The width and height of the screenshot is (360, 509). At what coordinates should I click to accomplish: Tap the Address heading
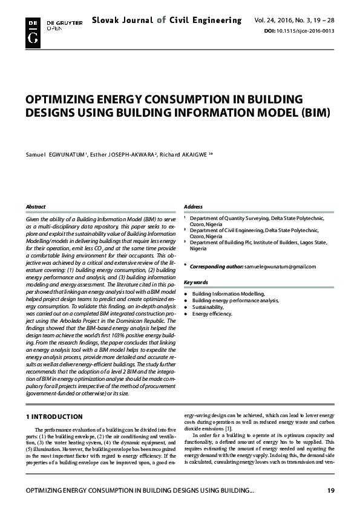[193, 207]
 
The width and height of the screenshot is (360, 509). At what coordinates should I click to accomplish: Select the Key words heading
[196, 282]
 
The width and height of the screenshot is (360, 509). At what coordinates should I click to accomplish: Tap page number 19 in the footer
[330, 491]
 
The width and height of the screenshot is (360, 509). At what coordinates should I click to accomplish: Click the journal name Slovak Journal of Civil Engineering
[167, 21]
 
